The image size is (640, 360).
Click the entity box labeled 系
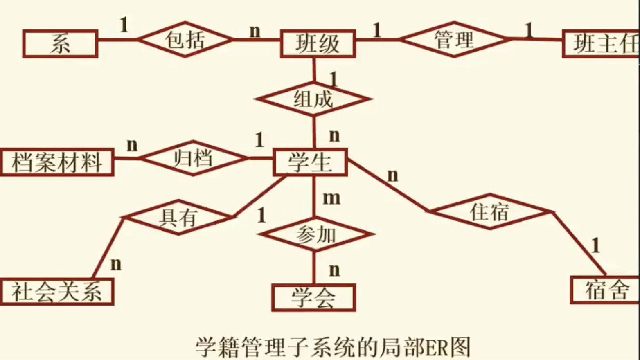(60, 44)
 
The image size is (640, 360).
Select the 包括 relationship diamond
(185, 40)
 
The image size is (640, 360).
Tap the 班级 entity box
(318, 44)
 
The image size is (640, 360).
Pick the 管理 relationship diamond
(454, 40)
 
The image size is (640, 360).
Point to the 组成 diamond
(313, 99)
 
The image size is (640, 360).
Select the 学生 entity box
(310, 162)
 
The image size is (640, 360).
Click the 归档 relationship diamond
(193, 158)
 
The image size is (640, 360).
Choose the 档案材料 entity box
(57, 162)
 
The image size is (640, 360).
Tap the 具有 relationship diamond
(178, 217)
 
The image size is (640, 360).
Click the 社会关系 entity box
(57, 292)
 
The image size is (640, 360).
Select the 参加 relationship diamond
(316, 235)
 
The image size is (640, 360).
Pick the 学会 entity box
(313, 297)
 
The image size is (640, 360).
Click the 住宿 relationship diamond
(490, 212)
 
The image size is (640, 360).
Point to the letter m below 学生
(331, 198)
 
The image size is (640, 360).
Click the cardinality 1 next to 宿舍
(596, 246)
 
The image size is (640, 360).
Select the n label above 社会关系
(116, 264)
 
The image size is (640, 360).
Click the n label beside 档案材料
(132, 144)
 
